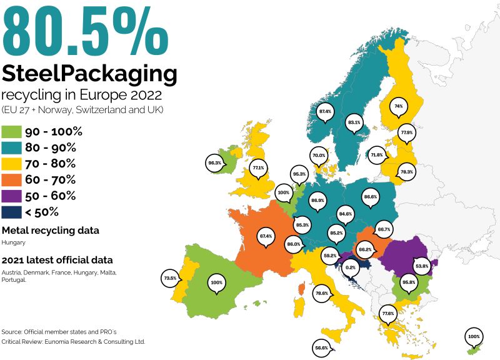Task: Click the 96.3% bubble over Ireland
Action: [215, 162]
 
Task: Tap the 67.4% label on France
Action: [266, 236]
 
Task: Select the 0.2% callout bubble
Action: [351, 267]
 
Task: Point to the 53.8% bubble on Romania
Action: [422, 266]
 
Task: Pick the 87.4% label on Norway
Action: [325, 111]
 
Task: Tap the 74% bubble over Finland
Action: [397, 107]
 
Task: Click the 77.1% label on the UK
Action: [258, 167]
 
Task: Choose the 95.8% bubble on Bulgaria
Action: [409, 282]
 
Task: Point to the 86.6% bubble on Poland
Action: [370, 197]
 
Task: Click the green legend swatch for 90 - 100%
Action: [12, 132]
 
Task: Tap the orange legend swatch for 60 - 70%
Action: [12, 180]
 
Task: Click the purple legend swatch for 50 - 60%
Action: [12, 196]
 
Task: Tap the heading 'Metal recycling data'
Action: [50, 230]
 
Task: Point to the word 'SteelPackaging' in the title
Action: [89, 74]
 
